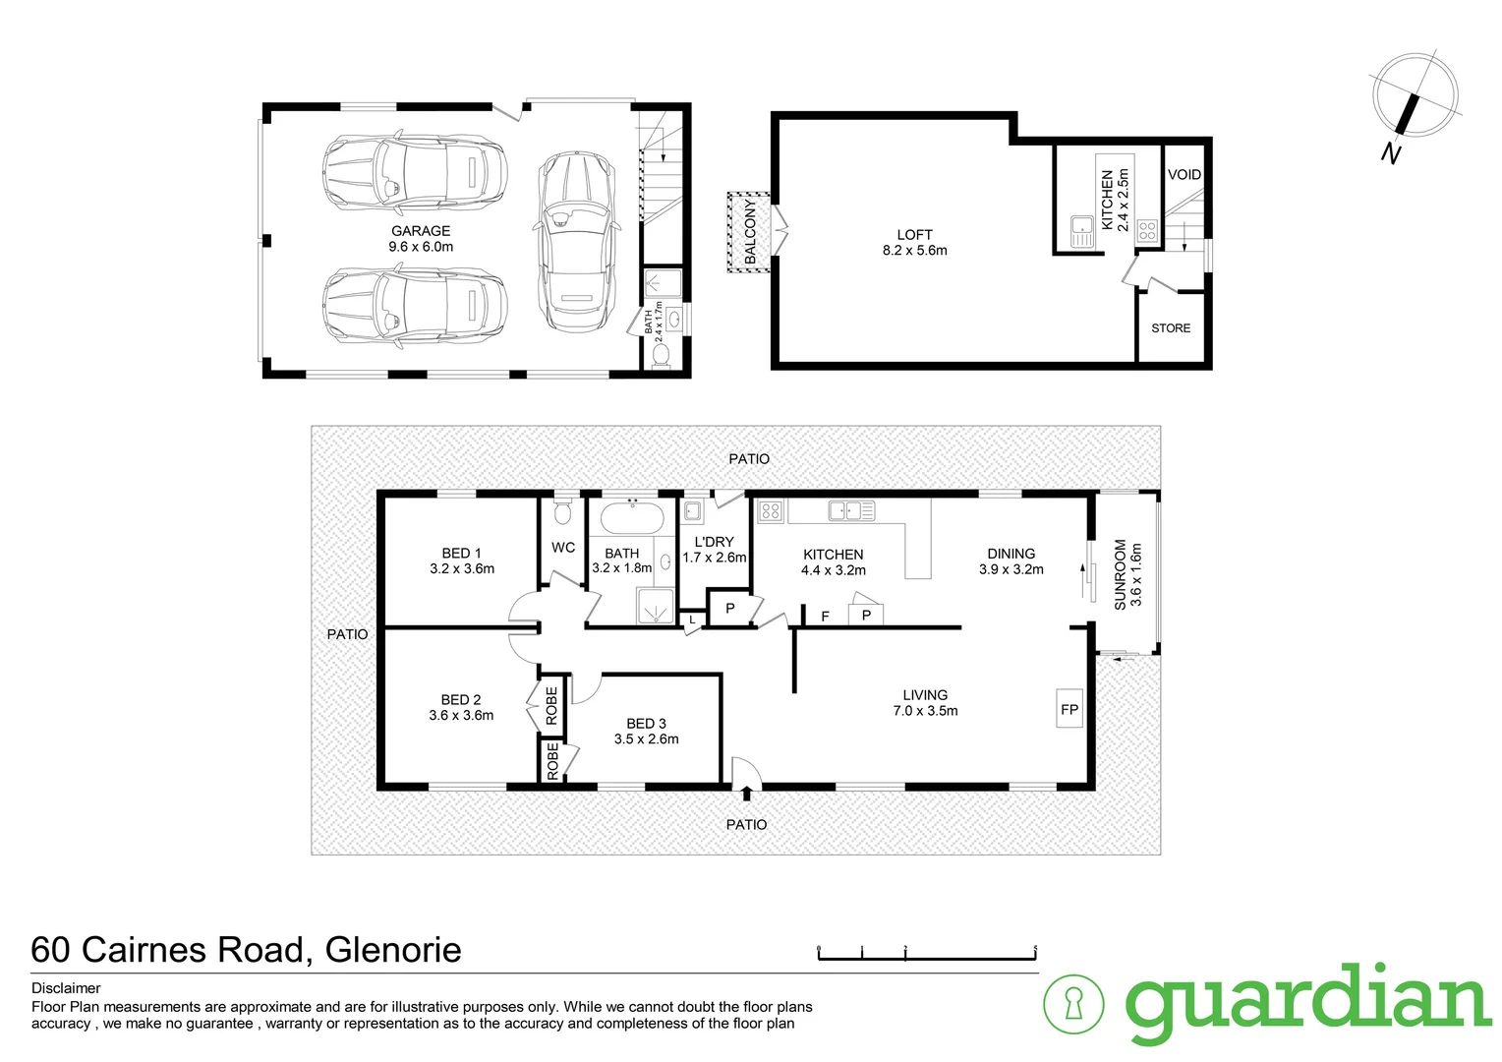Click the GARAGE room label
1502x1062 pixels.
pos(421,232)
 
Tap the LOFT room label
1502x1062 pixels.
pos(914,235)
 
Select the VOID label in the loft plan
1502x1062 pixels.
pos(1184,174)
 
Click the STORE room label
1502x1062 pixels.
pos(1171,328)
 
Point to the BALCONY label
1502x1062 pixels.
pos(751,232)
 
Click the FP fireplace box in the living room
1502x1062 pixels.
pos(1069,709)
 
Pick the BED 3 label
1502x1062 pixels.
pos(646,724)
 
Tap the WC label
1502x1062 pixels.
pos(563,548)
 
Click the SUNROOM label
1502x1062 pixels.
pos(1121,574)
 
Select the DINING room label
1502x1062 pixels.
pos(1011,554)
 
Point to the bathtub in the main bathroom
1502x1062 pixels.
pos(632,517)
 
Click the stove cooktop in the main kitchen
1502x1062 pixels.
pos(771,510)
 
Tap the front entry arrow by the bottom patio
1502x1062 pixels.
pos(747,794)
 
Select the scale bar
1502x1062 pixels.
pos(927,952)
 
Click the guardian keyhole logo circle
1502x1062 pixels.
pos(1072,1004)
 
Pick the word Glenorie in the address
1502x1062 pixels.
pos(393,950)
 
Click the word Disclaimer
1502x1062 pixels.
pos(66,988)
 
